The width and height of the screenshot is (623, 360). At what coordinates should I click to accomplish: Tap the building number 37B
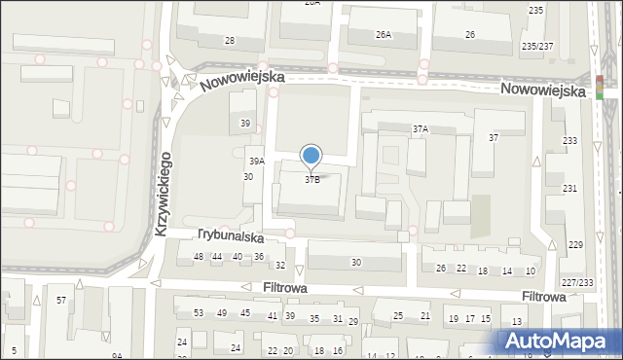pos(312,179)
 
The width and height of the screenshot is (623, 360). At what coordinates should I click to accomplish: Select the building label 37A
pos(421,128)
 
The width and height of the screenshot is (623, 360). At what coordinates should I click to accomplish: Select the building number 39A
pos(256,162)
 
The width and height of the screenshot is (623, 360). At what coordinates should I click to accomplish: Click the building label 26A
pos(384,35)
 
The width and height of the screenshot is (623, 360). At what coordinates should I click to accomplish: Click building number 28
pos(230,40)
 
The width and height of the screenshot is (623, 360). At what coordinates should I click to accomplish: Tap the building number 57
pos(61,300)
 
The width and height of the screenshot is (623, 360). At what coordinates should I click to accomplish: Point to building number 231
pos(569,188)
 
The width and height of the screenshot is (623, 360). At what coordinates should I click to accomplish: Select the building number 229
pos(575,244)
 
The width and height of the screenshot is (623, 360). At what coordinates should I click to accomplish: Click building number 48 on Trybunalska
pos(199,256)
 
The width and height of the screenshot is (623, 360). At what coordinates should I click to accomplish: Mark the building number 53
pos(199,312)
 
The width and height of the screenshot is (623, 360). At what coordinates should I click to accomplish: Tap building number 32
pos(280,265)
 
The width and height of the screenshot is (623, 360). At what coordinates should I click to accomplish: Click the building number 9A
pos(117,356)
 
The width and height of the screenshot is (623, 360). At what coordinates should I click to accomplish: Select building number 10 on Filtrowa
pos(531,270)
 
